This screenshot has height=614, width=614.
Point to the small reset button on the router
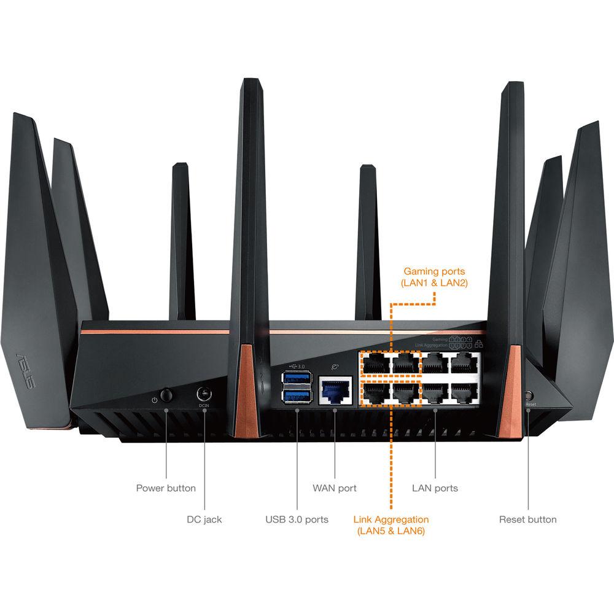[529, 396]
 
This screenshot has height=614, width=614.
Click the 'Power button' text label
[166, 488]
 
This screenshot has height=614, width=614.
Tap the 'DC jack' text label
[204, 519]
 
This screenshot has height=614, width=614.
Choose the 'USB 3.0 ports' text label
[297, 519]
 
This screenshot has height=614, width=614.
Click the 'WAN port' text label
[335, 488]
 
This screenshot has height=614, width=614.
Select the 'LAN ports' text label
[435, 488]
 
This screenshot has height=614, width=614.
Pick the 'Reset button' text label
[527, 519]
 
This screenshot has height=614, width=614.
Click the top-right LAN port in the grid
[465, 363]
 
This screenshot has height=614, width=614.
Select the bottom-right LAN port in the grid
[465, 392]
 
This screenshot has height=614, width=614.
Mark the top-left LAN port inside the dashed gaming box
[376, 363]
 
